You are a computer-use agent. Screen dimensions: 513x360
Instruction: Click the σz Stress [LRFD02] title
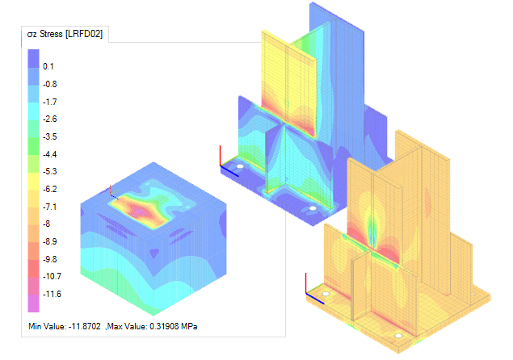point(65,34)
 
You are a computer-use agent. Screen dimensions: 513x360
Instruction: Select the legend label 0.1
point(48,66)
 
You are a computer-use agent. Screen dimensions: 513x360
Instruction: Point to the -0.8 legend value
point(50,84)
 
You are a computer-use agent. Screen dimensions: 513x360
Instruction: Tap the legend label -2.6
point(50,119)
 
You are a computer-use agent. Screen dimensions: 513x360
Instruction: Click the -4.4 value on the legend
point(50,154)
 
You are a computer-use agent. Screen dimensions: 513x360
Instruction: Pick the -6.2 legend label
point(50,189)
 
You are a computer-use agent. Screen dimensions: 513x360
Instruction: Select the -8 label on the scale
point(47,224)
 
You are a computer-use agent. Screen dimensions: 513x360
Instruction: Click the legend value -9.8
point(50,259)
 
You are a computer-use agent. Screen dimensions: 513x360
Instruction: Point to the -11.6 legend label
point(52,294)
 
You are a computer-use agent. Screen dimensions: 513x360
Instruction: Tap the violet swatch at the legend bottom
point(33,303)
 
